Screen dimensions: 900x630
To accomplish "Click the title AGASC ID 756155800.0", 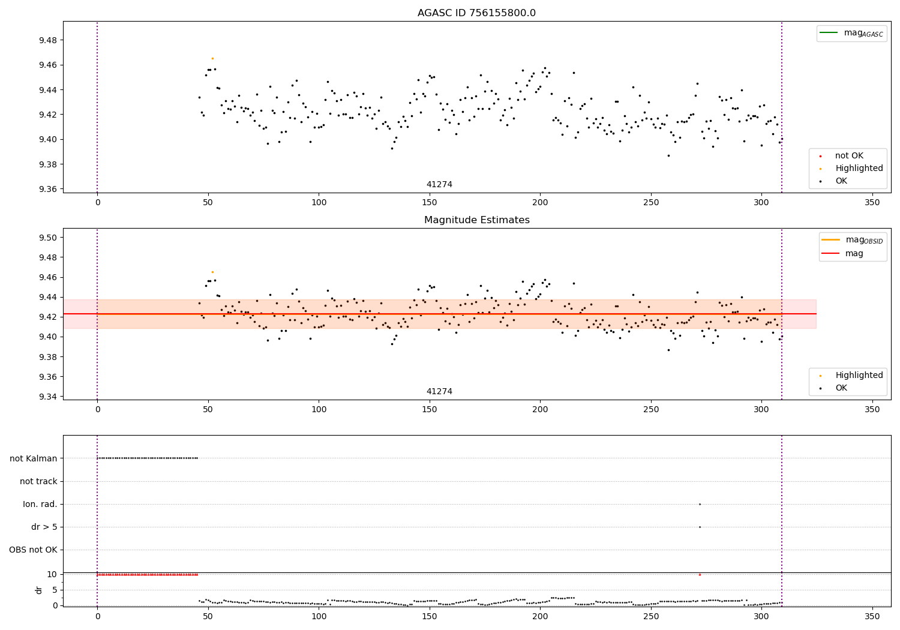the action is pos(476,13).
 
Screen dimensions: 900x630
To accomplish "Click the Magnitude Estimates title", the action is pos(477,220).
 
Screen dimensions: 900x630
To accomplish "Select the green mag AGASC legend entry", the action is pos(852,33).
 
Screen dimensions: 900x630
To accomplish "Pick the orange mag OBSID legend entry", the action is pos(853,240).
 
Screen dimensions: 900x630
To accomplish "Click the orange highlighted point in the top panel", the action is pos(212,59).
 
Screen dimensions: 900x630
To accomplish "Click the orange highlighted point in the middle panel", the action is pos(212,272).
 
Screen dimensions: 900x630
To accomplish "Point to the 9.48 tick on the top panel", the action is pos(48,40).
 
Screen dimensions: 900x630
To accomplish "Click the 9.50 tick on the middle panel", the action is pos(48,238).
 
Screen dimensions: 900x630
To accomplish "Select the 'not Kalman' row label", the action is pos(34,458).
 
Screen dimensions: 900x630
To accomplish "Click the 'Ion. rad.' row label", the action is pos(40,504).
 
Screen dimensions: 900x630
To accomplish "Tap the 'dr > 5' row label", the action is pos(44,527).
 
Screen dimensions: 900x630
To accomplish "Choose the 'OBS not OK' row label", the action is pos(34,550).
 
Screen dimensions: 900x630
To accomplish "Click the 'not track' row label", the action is pos(38,481).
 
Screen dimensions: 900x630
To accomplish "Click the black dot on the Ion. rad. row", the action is pos(700,504).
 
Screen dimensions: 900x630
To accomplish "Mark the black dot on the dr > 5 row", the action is pos(700,527).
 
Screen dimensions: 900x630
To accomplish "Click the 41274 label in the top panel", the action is pos(439,184).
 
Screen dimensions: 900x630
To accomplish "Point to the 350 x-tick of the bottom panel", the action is pos(872,616).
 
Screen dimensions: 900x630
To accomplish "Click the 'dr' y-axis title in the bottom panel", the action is pos(39,590).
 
